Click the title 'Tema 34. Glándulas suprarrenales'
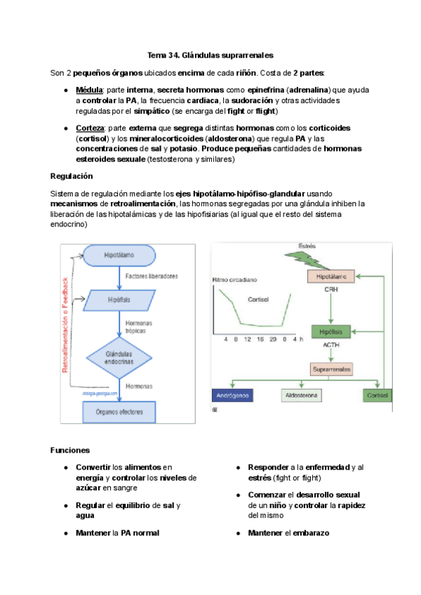coord(210,54)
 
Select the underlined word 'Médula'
coord(89,91)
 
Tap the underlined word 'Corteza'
coord(91,128)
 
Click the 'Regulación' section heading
coord(72,175)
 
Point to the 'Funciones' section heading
coord(70,450)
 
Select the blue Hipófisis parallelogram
coord(119,300)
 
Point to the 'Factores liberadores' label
coord(151,276)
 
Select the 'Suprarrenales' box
coord(332,368)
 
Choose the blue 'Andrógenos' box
coord(234,396)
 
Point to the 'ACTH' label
coord(331,345)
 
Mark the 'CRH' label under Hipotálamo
coord(331,289)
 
